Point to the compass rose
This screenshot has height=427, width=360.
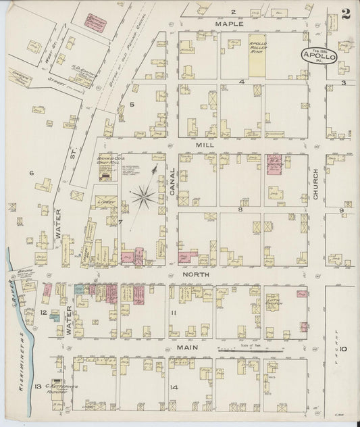[x=143, y=197]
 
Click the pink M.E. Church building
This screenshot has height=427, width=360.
[x=274, y=166]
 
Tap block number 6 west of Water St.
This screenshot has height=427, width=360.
[x=31, y=173]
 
